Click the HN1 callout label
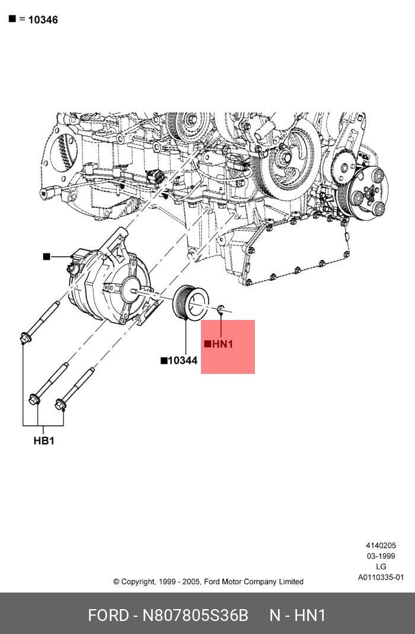tap(222, 344)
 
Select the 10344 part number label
tap(182, 360)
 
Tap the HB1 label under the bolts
tap(44, 441)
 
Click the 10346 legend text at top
tap(43, 20)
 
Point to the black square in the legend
tap(12, 19)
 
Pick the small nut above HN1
tap(221, 309)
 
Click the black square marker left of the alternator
tap(46, 257)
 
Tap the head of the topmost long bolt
tap(25, 338)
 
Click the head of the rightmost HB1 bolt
tap(60, 405)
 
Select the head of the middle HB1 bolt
tap(34, 399)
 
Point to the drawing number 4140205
tap(381, 545)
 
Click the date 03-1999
tap(381, 556)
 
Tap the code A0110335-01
tap(381, 577)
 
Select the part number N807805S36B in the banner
tap(195, 616)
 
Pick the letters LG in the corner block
tap(381, 566)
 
